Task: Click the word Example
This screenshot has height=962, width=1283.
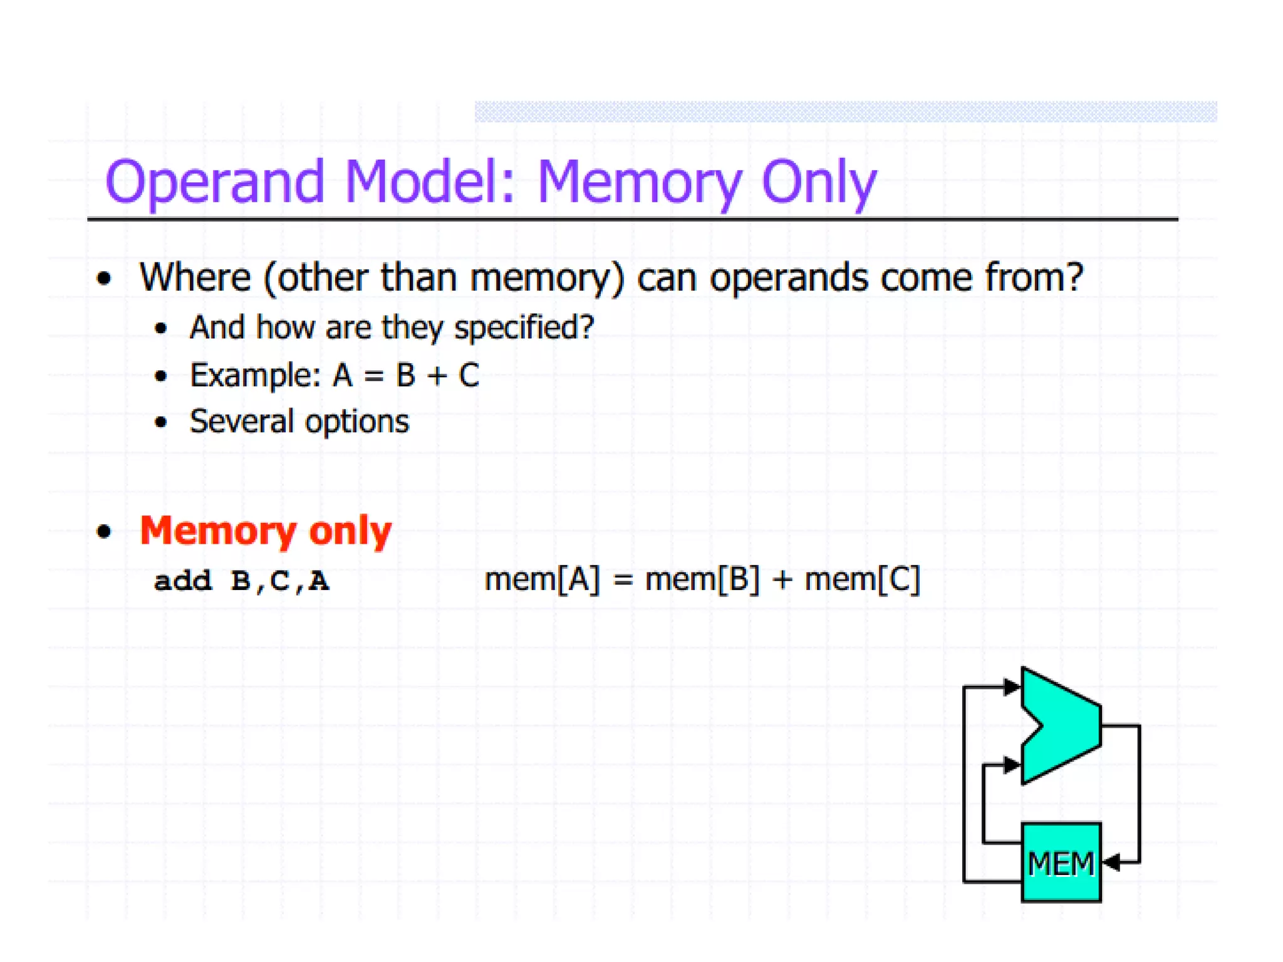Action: pos(255,376)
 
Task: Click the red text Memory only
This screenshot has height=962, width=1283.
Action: pos(266,531)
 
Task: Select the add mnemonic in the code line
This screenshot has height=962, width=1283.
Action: pos(183,581)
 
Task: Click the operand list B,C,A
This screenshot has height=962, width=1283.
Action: pos(279,581)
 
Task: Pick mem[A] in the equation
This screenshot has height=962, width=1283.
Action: pos(542,579)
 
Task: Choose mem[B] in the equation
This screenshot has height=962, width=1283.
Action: pos(702,579)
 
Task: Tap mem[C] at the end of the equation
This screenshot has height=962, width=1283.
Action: pos(863,579)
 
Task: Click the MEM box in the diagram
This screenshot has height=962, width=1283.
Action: pos(1061,862)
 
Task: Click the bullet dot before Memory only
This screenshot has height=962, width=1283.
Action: pos(104,532)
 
